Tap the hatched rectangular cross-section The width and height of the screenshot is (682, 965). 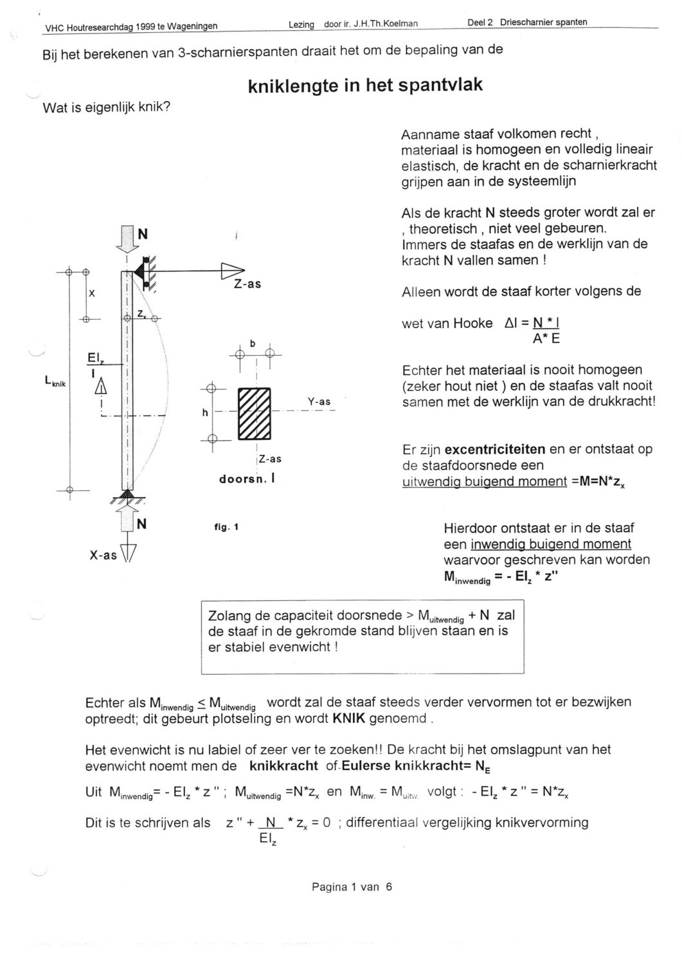click(255, 414)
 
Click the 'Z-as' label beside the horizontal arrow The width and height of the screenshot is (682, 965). click(247, 284)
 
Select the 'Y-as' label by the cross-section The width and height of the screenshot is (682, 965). click(319, 402)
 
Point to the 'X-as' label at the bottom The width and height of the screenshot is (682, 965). click(103, 555)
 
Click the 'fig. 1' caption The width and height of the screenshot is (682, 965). click(226, 527)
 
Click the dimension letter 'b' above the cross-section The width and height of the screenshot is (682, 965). click(253, 344)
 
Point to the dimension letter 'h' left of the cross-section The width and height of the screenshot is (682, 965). click(205, 412)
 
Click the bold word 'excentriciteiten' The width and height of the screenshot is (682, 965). click(496, 449)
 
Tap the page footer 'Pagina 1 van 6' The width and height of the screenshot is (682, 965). click(352, 887)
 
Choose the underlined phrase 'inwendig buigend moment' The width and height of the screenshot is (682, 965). click(551, 544)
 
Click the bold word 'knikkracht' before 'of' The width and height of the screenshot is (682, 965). click(283, 766)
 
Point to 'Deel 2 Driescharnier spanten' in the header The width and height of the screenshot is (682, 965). click(527, 22)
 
